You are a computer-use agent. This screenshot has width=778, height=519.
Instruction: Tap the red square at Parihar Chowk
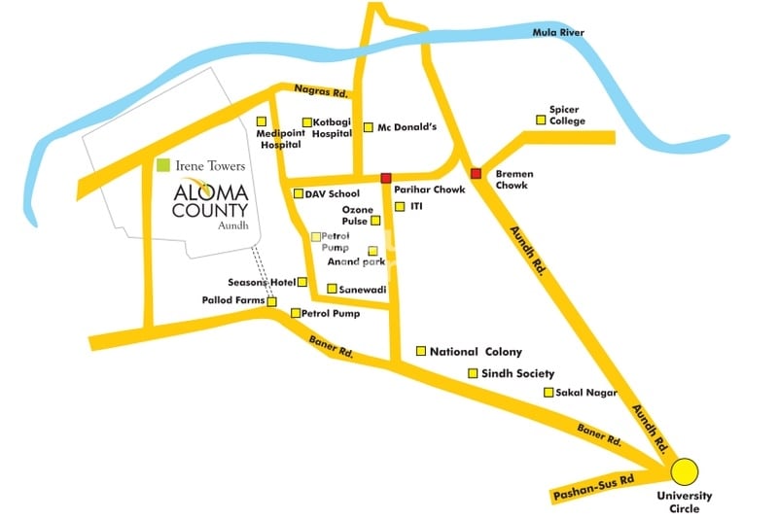[x=386, y=178]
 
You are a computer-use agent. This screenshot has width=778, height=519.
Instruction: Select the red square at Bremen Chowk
[x=476, y=173]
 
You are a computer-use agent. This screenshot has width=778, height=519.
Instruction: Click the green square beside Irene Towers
[x=163, y=166]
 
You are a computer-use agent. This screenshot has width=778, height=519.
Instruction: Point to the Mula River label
[x=558, y=33]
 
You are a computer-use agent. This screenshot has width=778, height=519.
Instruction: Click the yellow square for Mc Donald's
[x=369, y=127]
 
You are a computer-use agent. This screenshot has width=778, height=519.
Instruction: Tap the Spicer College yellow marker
[x=541, y=121]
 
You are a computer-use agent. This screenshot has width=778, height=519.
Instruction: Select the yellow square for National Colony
[x=421, y=351]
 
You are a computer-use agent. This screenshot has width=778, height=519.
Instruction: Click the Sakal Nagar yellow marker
[x=548, y=393]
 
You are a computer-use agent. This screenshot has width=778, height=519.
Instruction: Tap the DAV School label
[x=332, y=194]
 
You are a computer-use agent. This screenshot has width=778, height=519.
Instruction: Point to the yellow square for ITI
[x=399, y=207]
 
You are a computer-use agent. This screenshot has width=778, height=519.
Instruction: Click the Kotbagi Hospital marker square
[x=306, y=122]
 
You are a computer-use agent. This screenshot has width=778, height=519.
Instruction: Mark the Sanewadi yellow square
[x=332, y=289]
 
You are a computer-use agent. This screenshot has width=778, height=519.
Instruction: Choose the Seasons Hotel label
[x=262, y=282]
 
